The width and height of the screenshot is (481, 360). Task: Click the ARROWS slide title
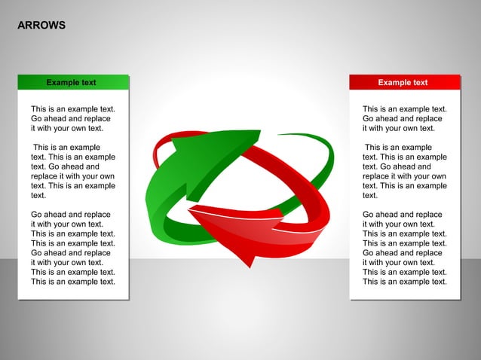click(41, 26)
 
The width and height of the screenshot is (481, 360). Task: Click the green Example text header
click(73, 82)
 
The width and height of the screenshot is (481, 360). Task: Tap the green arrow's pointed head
click(185, 143)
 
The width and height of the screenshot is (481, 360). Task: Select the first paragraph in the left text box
click(72, 119)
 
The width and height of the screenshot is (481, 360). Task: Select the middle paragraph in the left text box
click(73, 171)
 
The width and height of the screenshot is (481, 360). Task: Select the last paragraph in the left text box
click(73, 248)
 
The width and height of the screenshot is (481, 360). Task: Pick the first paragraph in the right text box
click(403, 119)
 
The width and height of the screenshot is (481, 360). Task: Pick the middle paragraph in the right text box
click(404, 171)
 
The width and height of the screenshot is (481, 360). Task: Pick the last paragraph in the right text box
click(404, 248)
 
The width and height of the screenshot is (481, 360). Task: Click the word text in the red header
click(419, 82)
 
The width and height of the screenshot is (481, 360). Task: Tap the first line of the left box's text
click(73, 109)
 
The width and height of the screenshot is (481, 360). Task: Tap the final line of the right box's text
click(404, 282)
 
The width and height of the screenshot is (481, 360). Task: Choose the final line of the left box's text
click(73, 282)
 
